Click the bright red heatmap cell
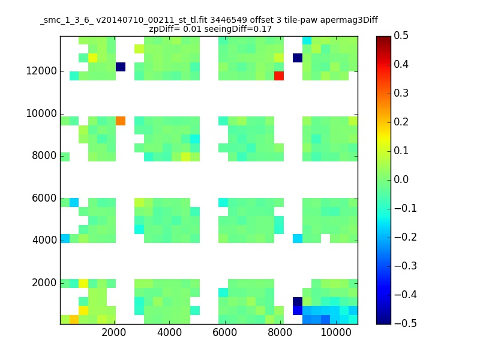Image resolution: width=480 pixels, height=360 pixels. point(279,76)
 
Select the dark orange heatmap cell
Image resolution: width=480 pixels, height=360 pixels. point(121,121)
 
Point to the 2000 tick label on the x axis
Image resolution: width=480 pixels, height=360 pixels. point(113,332)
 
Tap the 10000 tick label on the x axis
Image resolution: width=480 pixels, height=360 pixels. point(336,332)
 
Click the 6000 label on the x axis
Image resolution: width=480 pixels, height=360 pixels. point(224,332)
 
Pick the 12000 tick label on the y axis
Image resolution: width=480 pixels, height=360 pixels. point(41,71)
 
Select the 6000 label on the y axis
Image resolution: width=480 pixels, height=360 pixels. point(44,198)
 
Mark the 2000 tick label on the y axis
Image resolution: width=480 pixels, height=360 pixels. point(44,283)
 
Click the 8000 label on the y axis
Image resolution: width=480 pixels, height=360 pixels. point(44,155)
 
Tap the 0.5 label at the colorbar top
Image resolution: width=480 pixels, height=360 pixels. point(401,35)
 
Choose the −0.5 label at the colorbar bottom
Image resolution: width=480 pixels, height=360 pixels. point(406,323)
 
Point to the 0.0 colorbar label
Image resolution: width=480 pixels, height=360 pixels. point(401,179)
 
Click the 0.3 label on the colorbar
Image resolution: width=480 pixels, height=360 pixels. point(401,93)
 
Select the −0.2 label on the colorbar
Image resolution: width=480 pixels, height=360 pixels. point(406,237)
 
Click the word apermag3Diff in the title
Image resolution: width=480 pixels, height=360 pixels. point(349,20)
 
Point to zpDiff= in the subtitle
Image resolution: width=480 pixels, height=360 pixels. point(164,29)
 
